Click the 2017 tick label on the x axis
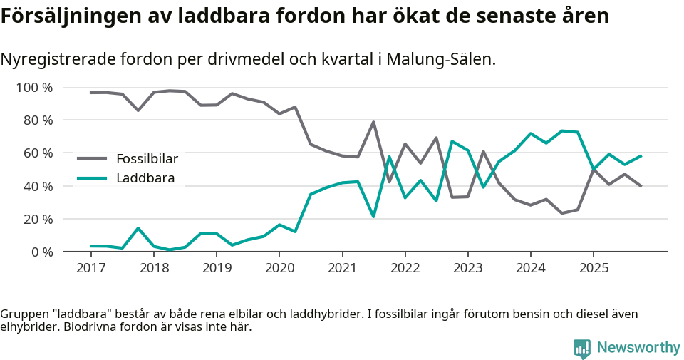[90, 268]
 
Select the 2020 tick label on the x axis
[279, 268]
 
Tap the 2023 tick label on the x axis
[467, 268]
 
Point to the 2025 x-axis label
[594, 268]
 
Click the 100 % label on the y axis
[35, 88]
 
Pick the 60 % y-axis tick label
[38, 153]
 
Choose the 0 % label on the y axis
[42, 252]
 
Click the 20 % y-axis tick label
[38, 219]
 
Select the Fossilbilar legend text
[147, 158]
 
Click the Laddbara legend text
[145, 178]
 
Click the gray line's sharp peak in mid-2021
[373, 122]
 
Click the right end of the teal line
[641, 155]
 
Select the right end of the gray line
[641, 186]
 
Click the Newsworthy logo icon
[582, 348]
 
